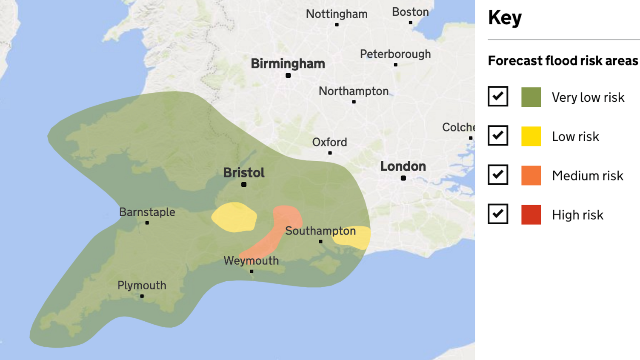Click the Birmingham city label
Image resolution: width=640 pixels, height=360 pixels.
coord(288,64)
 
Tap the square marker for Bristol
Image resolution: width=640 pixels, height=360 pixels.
coord(244,185)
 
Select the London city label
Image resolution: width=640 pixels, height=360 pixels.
coord(403,166)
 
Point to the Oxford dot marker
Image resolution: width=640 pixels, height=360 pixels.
coord(330,153)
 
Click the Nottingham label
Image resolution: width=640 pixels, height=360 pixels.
coord(337,14)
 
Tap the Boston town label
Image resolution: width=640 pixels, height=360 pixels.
coord(410,12)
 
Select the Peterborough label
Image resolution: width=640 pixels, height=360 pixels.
coord(395,54)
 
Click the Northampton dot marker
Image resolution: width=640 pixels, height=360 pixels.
coord(354,102)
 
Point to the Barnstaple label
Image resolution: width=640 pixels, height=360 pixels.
coord(147,212)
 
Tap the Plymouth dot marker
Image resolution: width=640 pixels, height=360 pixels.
coord(142,296)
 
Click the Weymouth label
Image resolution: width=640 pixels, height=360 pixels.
coord(251,260)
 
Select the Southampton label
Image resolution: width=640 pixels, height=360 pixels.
coord(320,231)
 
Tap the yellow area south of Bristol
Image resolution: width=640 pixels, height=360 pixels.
coord(234,217)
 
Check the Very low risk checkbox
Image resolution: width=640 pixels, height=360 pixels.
coord(498,97)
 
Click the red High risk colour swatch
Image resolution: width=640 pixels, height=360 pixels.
coord(531,214)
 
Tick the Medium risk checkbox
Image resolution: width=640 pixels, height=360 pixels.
coord(498,175)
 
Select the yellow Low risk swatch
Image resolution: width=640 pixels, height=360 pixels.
coord(531,136)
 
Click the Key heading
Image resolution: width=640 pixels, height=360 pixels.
coord(505,18)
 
